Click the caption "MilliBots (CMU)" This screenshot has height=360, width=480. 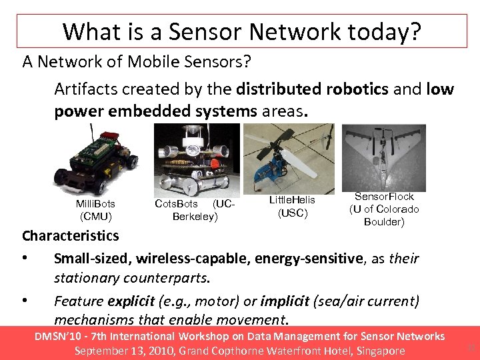click(x=95, y=210)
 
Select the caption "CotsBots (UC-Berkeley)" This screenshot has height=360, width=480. click(x=194, y=210)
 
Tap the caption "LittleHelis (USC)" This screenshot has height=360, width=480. click(x=292, y=207)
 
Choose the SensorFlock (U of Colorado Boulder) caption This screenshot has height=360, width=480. click(x=384, y=209)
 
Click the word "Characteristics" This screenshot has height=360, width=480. click(x=71, y=236)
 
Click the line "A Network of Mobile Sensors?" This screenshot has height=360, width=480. click(x=136, y=62)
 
